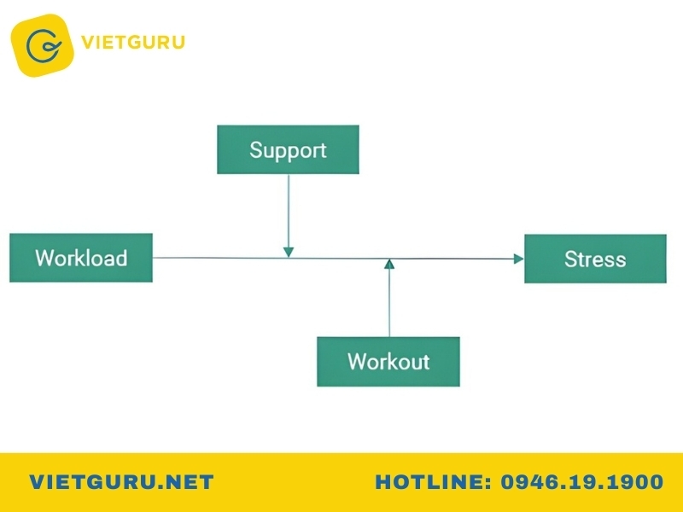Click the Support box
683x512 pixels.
288,150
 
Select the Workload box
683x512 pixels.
81,258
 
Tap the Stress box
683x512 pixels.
595,259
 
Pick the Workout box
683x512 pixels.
388,361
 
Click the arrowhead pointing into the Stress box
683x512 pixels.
519,259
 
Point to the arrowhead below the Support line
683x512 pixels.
289,252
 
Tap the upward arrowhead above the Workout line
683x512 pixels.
389,264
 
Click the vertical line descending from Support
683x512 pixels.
289,211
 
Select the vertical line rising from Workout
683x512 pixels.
389,303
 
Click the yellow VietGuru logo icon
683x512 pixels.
42,45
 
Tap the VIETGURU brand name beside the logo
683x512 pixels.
133,43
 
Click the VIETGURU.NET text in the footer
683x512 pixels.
121,482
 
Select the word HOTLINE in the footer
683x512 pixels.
430,482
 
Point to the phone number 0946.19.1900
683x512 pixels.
582,482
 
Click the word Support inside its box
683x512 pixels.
288,151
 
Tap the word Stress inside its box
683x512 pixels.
595,259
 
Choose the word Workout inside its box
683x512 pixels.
388,361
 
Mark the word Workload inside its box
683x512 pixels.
81,258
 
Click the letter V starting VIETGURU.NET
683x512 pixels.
38,482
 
